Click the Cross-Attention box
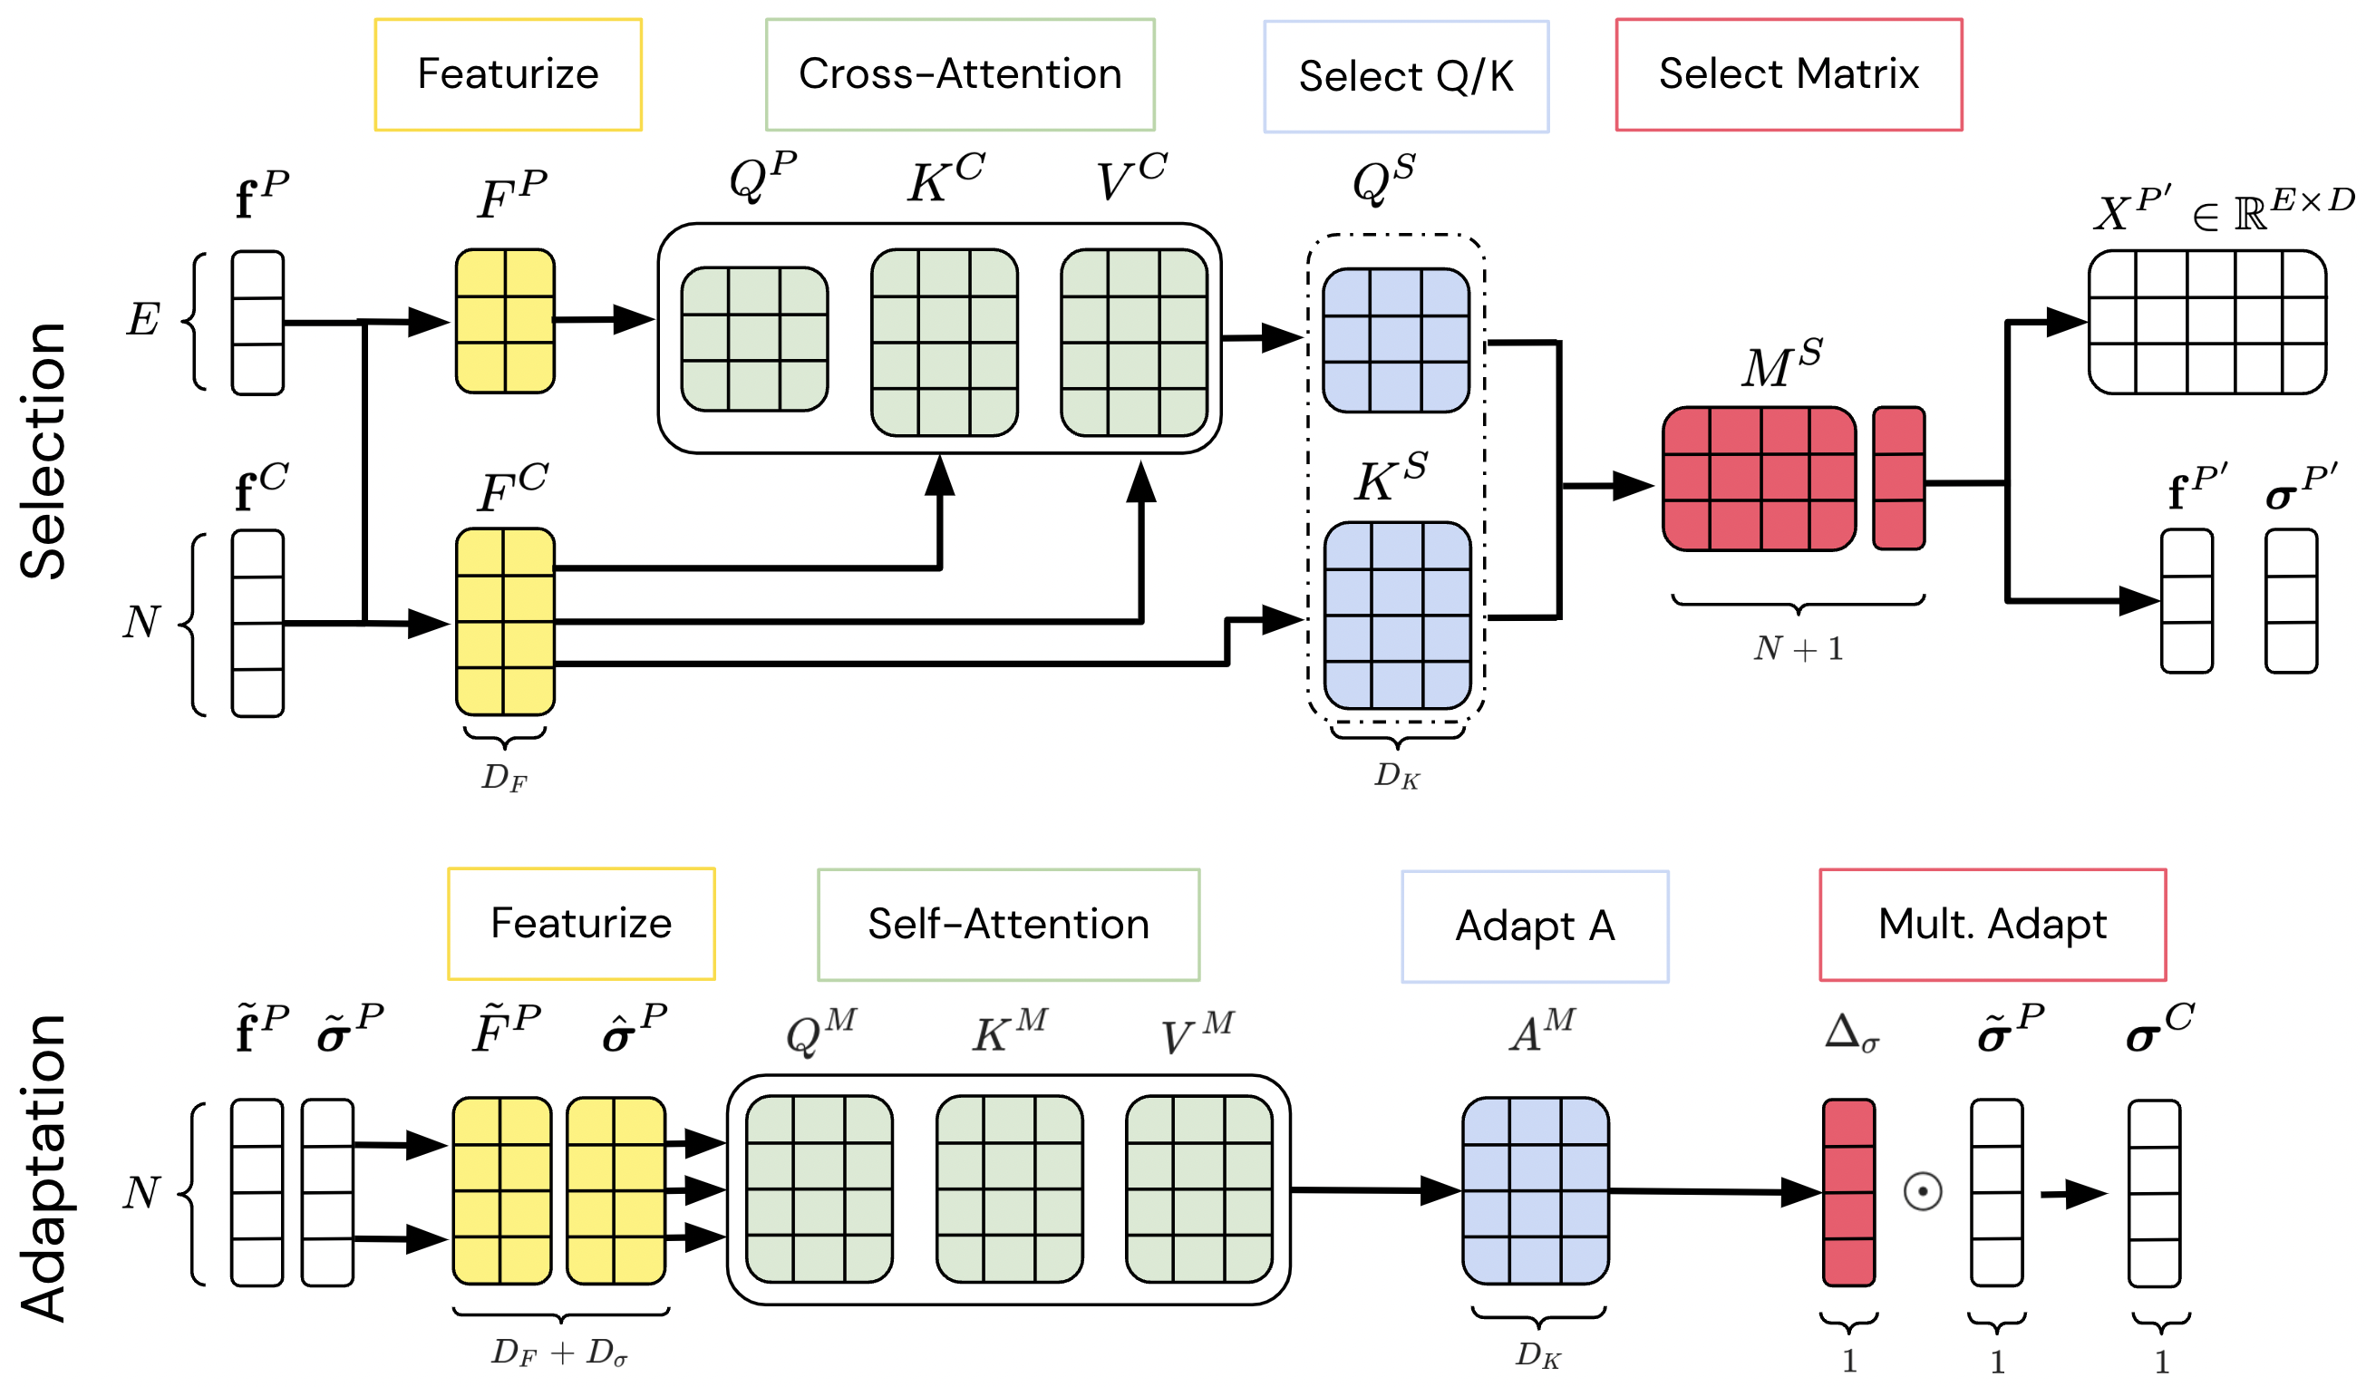[959, 74]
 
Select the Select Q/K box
[1405, 76]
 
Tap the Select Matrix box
[1788, 74]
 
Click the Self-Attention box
[1008, 924]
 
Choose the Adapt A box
[1534, 926]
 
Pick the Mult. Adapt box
[1992, 924]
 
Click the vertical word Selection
[44, 451]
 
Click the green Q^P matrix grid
[754, 339]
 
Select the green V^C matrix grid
[1133, 342]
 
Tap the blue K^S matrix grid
[1396, 616]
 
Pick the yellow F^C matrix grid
[505, 622]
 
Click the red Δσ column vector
[1847, 1192]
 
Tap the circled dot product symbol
[1922, 1192]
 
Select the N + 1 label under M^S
[1797, 648]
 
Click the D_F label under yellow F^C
[504, 778]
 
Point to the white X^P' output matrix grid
[2206, 322]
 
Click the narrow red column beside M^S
[1897, 477]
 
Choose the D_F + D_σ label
[559, 1353]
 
